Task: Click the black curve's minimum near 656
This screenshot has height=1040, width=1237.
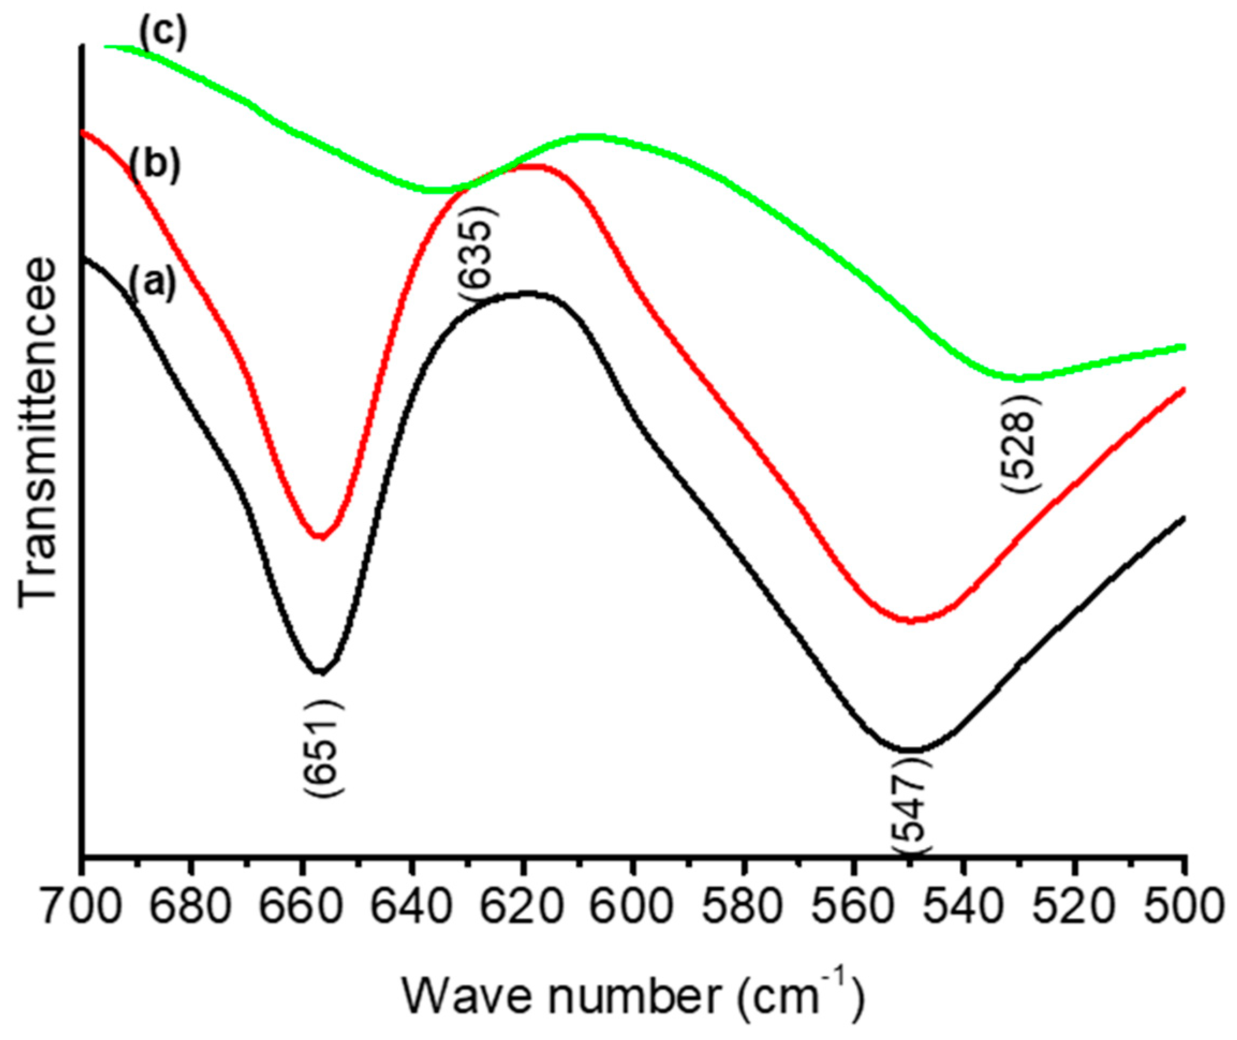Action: (x=320, y=672)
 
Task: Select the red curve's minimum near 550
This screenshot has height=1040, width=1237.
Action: (x=912, y=621)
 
